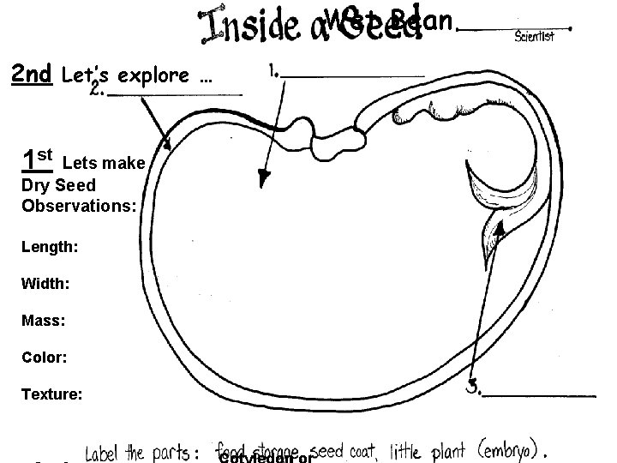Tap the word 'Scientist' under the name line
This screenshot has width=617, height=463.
[x=535, y=36]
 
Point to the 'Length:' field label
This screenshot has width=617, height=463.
[x=51, y=247]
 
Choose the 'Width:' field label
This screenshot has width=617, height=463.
[x=46, y=283]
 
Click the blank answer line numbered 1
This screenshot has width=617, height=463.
[x=353, y=76]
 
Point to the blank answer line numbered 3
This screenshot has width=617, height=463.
[x=540, y=395]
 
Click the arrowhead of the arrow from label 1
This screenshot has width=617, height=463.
[x=263, y=179]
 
